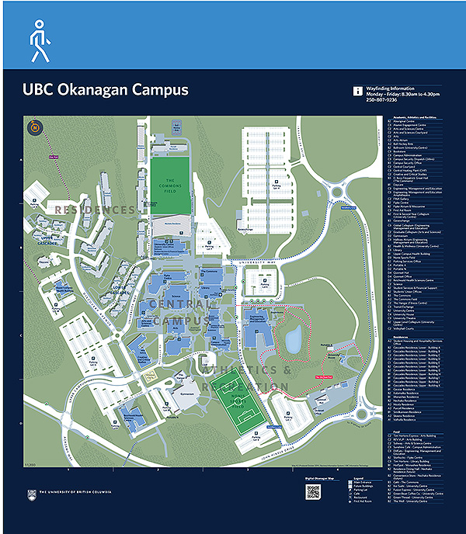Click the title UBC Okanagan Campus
pyautogui.click(x=106, y=90)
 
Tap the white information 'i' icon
pyautogui.click(x=358, y=91)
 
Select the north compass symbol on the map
pyautogui.click(x=34, y=127)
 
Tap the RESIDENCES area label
pyautogui.click(x=95, y=210)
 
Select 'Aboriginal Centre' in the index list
pyautogui.click(x=406, y=122)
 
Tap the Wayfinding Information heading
pyautogui.click(x=397, y=88)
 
